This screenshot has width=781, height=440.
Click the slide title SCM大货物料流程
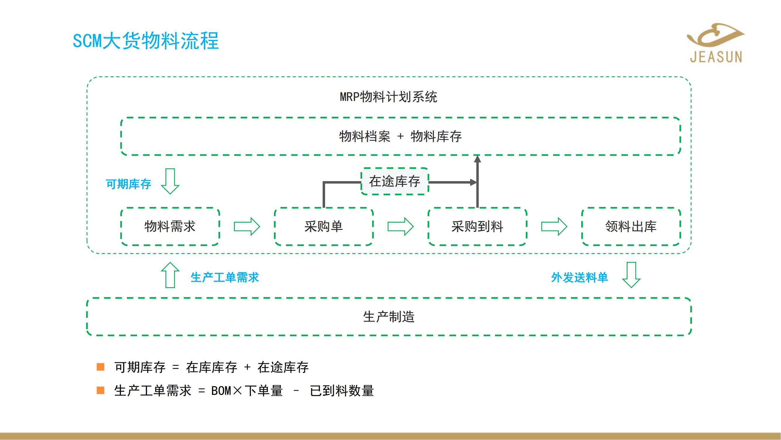click(x=146, y=41)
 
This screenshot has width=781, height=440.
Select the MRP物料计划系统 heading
click(x=388, y=97)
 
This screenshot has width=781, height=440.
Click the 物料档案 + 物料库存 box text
click(x=400, y=136)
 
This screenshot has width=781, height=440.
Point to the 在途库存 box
click(x=394, y=182)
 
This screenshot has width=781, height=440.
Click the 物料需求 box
click(x=170, y=226)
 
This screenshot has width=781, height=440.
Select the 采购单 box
click(x=324, y=226)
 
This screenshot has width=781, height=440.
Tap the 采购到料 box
click(x=477, y=226)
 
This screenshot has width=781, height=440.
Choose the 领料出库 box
click(x=631, y=226)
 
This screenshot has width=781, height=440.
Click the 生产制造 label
click(x=389, y=317)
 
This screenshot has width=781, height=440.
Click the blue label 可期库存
click(x=128, y=184)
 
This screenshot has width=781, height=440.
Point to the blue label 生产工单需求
click(x=225, y=277)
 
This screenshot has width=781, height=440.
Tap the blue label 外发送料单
click(x=580, y=277)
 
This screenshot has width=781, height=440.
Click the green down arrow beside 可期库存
click(x=170, y=181)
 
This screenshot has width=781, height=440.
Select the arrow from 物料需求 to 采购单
click(x=247, y=226)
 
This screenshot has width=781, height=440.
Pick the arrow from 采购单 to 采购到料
click(x=401, y=226)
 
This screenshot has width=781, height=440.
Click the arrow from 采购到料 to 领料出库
click(x=554, y=226)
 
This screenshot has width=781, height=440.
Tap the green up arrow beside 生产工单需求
click(x=170, y=275)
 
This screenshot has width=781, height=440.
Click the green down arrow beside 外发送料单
click(x=631, y=275)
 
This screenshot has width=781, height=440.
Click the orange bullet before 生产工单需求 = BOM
click(x=100, y=390)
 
